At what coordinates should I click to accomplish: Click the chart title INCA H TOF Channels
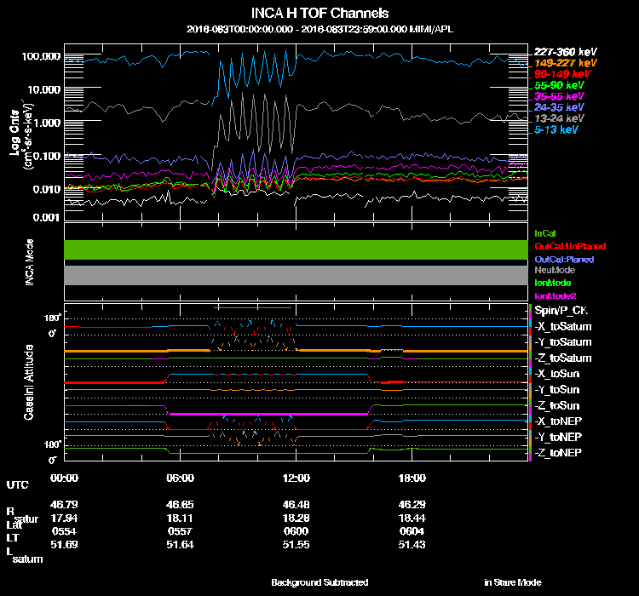pos(319,14)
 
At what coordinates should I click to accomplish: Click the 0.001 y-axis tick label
pos(44,218)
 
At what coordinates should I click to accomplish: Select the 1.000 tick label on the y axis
pos(44,122)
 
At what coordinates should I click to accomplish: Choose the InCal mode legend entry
pos(544,232)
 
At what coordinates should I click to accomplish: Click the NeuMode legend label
pos(553,270)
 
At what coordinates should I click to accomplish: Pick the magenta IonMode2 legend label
pos(555,295)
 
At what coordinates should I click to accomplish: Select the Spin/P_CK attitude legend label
pos(561,310)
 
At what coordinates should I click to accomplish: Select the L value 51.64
pos(181,544)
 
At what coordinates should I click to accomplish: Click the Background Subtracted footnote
pos(319,582)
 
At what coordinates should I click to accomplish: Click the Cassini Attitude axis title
pos(28,381)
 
